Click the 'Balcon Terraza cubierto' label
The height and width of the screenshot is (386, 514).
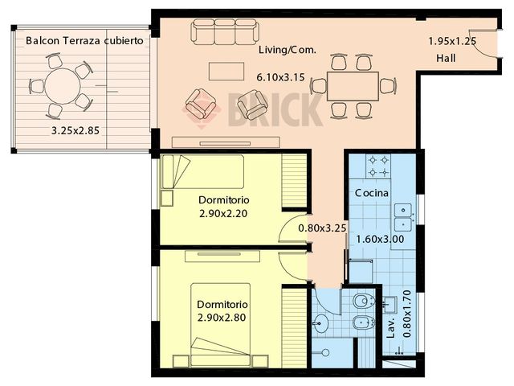84,40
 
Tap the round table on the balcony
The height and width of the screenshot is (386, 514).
60,84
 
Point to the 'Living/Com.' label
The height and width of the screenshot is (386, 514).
287,50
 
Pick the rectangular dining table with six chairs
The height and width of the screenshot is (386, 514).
353,85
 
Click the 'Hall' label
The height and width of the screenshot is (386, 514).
446,59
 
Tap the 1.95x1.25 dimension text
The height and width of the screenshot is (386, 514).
451,41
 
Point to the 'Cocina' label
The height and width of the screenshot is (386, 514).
372,194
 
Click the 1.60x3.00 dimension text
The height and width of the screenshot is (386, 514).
379,239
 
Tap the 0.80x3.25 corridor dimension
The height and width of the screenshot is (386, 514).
322,228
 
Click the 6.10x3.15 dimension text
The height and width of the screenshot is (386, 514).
281,77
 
